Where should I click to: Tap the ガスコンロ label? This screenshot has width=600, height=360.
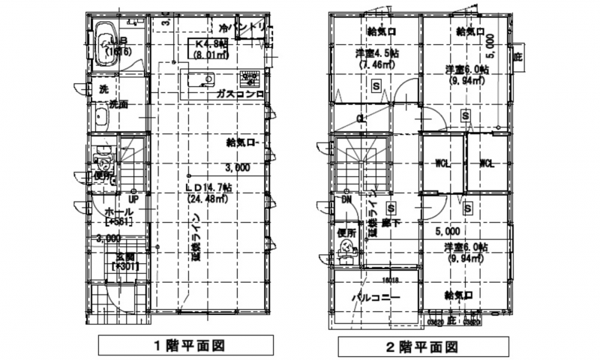238,95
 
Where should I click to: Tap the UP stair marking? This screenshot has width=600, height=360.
132,200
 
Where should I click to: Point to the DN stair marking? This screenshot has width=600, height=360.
346,201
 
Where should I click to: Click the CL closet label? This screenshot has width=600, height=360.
361,118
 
